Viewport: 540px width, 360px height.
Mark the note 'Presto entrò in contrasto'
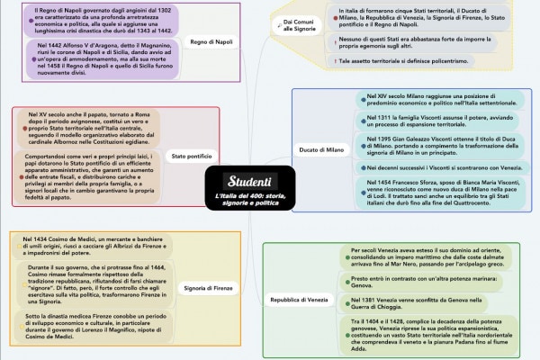(x=418, y=282)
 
